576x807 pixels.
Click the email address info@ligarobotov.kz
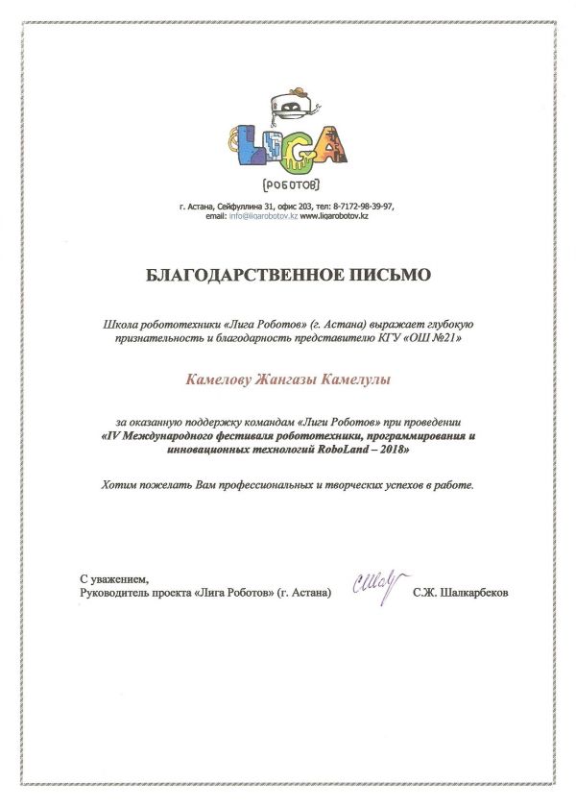[263, 216]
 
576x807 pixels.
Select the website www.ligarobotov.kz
[335, 216]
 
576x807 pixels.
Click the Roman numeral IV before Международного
[113, 435]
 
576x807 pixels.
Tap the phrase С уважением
[114, 579]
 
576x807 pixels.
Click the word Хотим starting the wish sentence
[118, 487]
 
